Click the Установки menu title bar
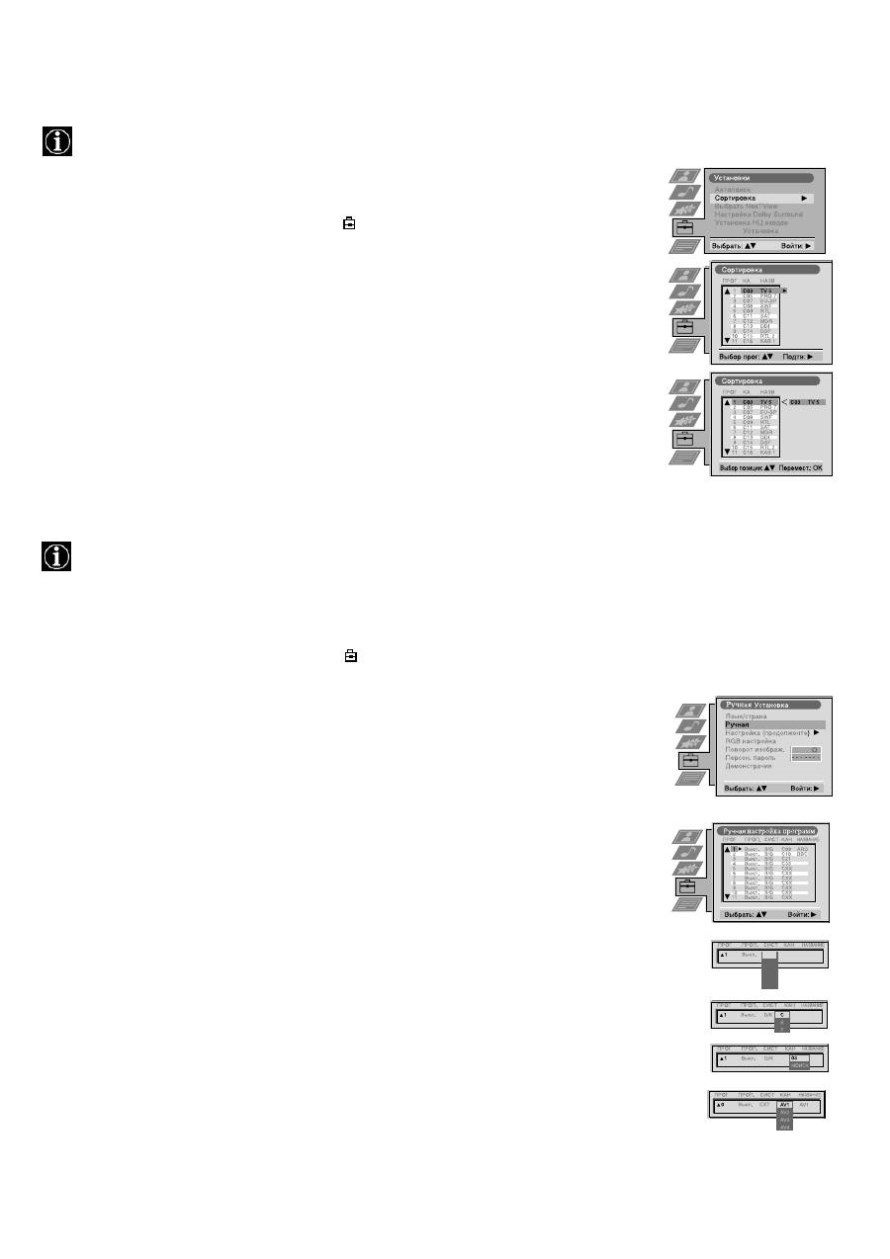(762, 179)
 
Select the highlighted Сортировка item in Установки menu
(762, 198)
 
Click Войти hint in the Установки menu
(796, 244)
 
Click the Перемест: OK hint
(800, 466)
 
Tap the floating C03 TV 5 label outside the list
(806, 402)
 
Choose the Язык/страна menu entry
(747, 715)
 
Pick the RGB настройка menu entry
(751, 740)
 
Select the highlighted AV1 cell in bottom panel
(785, 1105)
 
